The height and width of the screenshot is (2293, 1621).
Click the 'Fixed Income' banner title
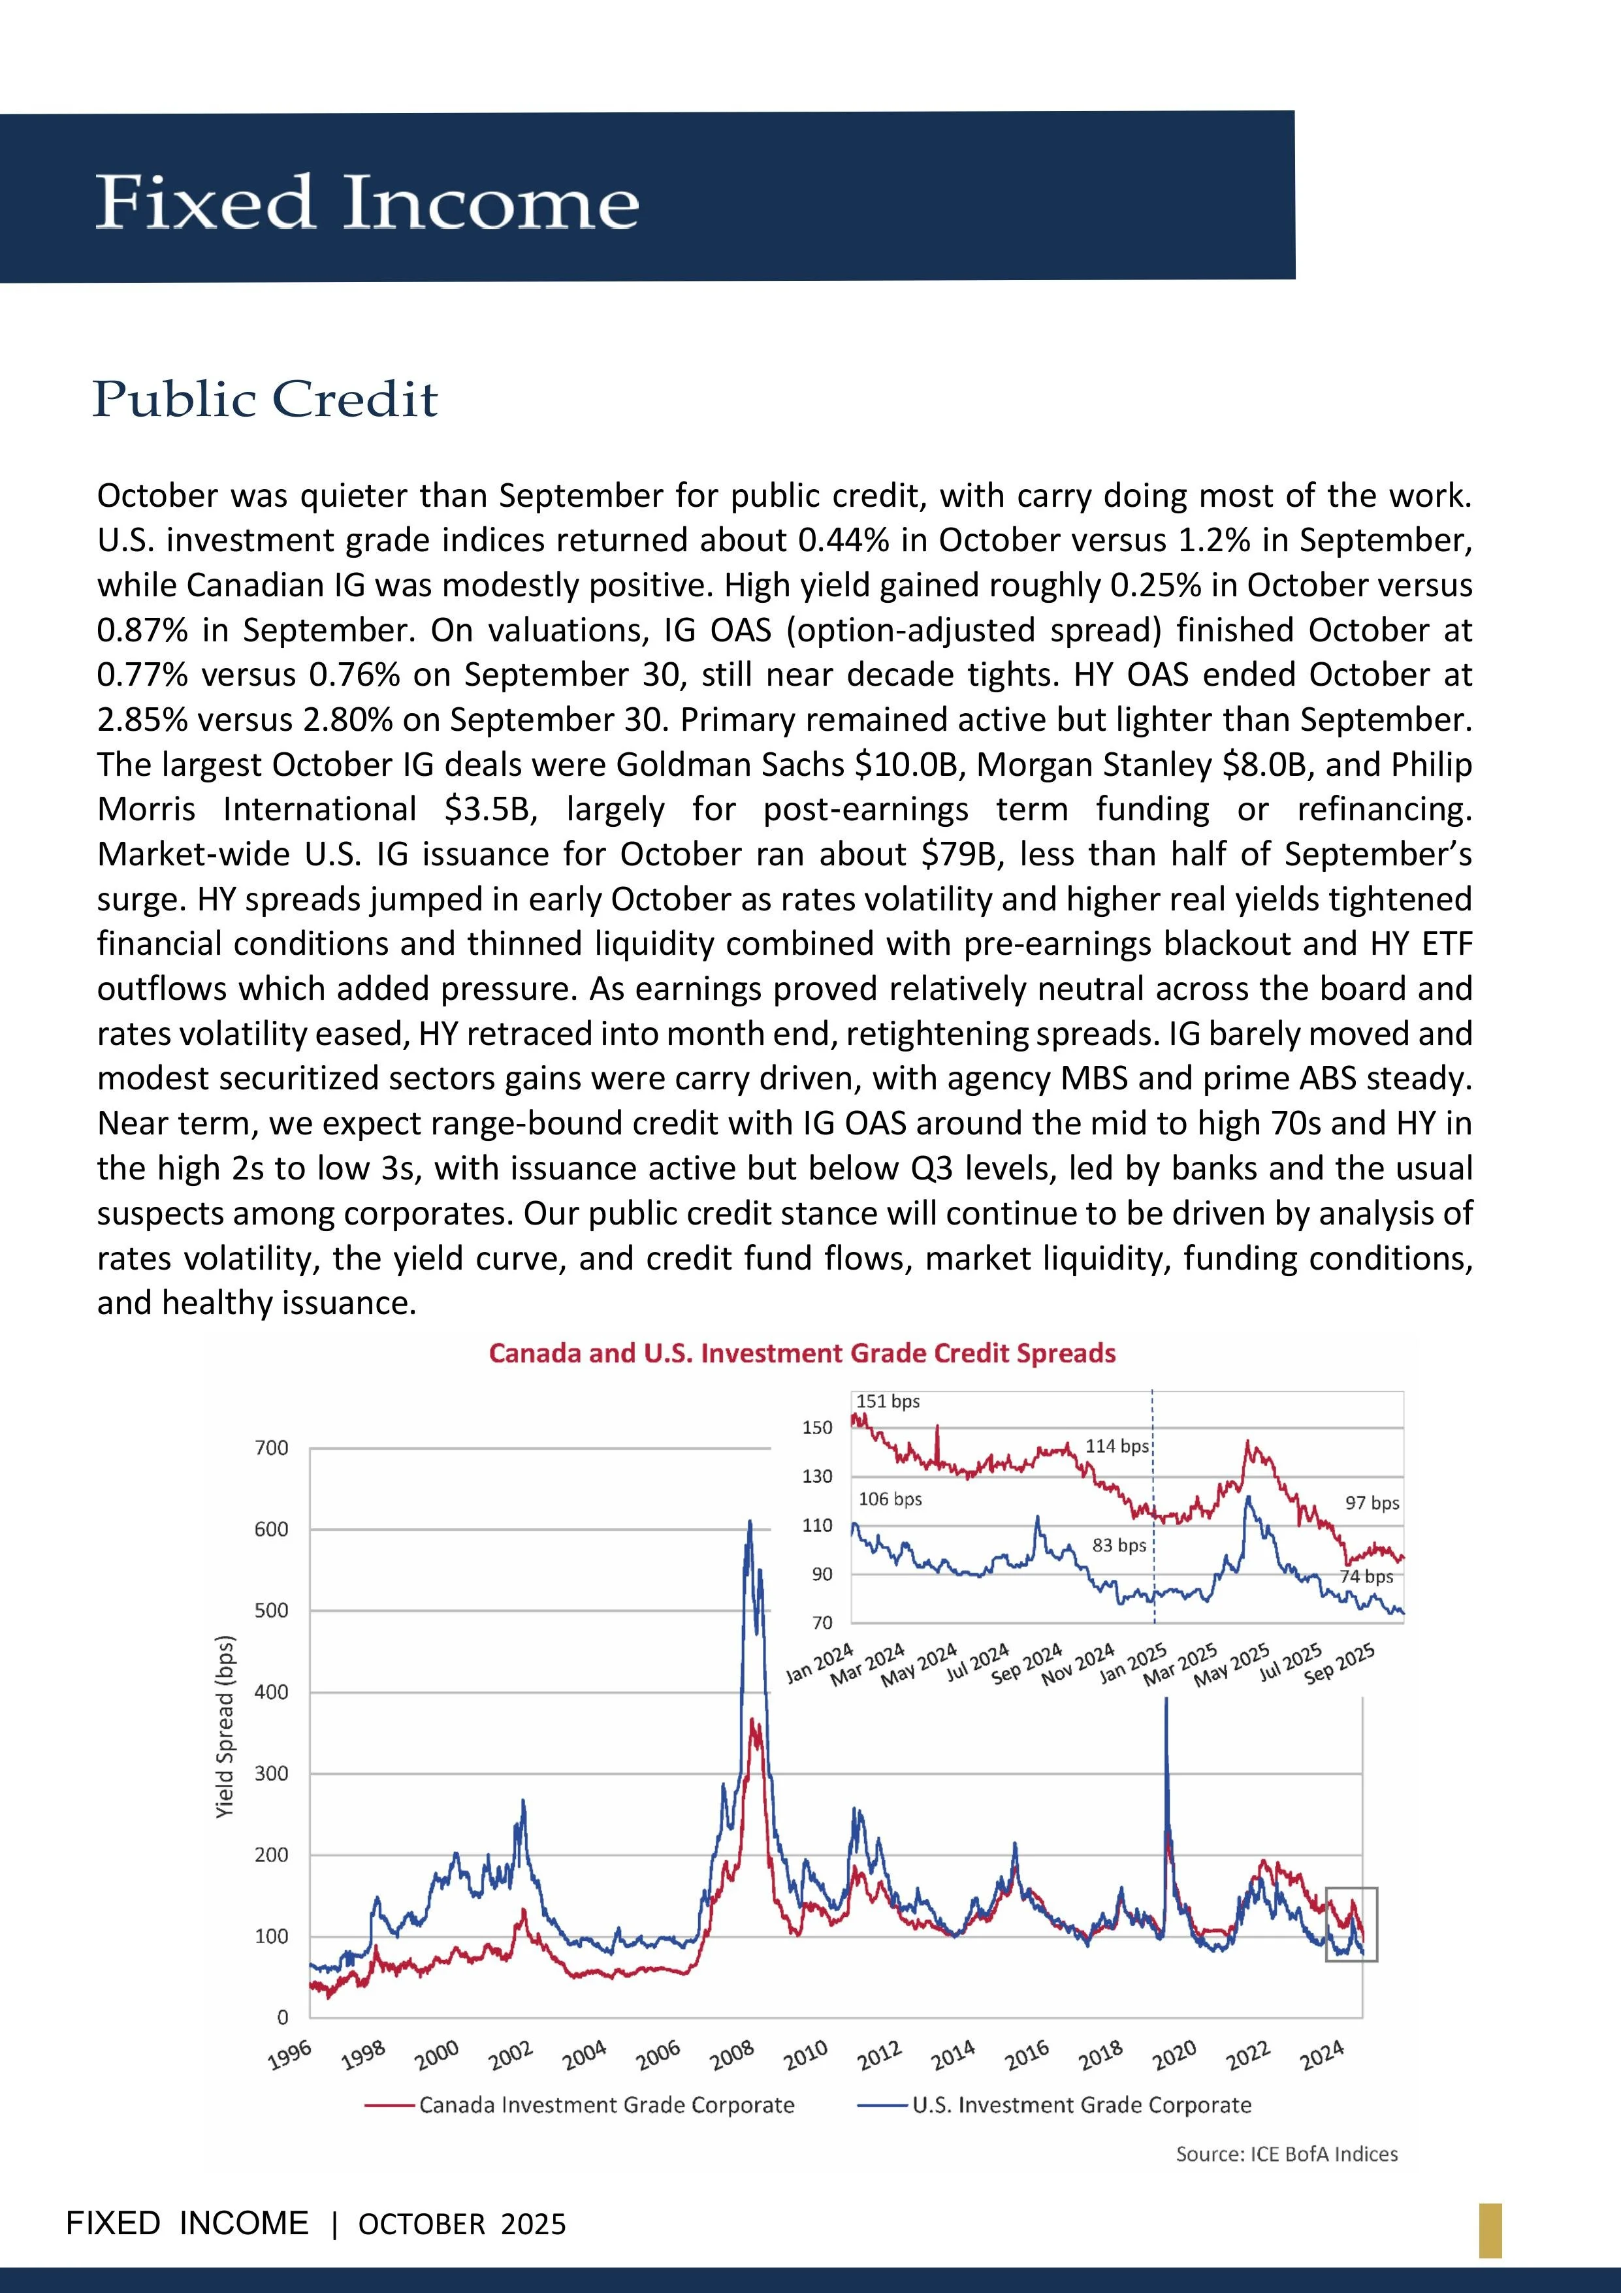366,202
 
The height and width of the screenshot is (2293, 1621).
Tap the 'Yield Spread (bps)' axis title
226,1727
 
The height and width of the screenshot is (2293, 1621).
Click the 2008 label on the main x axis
732,2055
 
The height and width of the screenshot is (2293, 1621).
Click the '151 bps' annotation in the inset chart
888,1401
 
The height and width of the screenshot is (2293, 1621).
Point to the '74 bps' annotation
1366,1576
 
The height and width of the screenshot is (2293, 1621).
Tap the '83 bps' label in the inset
1119,1545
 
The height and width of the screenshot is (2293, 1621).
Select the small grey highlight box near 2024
1351,1923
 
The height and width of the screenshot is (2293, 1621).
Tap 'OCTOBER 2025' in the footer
462,2224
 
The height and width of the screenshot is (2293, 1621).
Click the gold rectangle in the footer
1490,2230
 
